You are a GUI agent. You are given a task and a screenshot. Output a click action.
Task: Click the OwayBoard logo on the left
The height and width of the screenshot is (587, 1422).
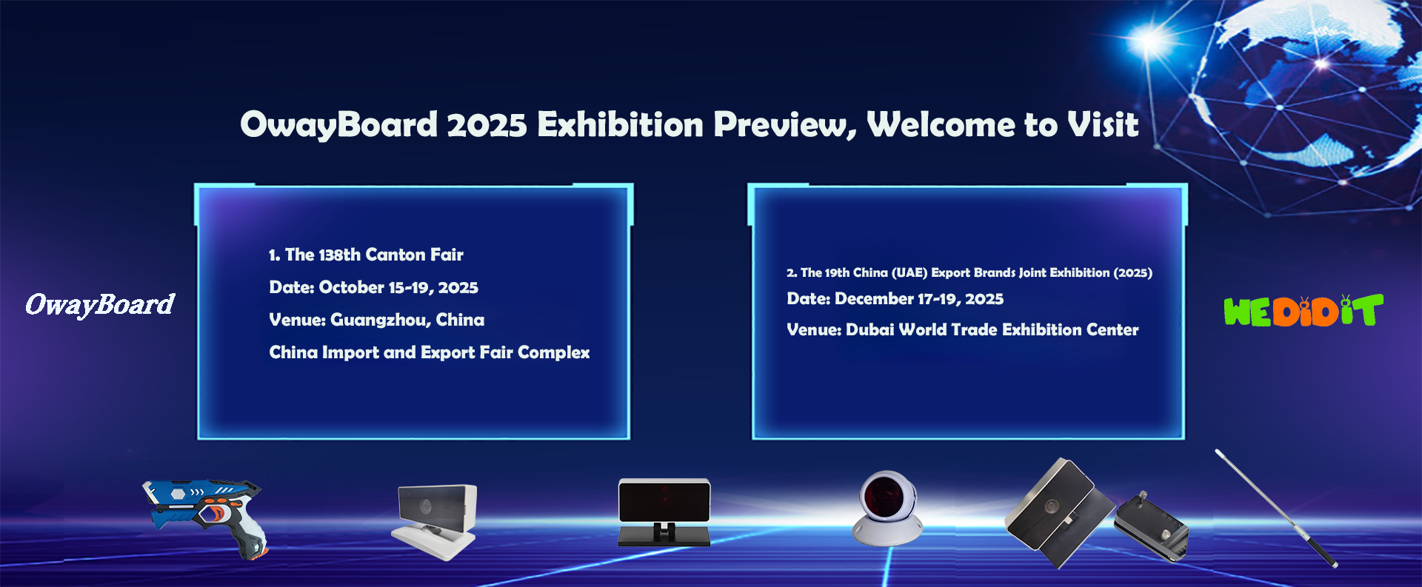[x=100, y=304]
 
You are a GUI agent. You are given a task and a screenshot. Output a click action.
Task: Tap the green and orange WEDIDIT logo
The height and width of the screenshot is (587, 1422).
[x=1303, y=311]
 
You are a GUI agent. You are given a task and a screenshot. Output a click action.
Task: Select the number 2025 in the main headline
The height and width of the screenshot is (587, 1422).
[x=487, y=124]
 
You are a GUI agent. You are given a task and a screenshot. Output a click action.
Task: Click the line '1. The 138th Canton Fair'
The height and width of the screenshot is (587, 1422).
[x=366, y=255]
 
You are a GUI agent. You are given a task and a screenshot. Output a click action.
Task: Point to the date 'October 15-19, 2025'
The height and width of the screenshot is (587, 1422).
[x=398, y=287]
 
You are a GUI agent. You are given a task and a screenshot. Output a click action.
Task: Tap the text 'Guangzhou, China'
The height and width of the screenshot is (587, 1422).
[x=407, y=320]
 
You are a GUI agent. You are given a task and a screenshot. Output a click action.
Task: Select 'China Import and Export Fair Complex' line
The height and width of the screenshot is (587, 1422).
[x=430, y=352]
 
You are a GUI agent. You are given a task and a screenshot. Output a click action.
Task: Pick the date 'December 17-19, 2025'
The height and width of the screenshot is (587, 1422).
[x=919, y=298]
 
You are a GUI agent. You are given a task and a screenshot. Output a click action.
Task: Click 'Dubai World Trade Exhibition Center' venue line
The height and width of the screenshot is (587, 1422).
[x=992, y=329]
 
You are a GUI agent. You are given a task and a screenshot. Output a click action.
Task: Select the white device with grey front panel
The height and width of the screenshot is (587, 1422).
[x=435, y=521]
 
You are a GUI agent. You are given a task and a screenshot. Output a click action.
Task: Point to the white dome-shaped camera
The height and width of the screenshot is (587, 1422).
[x=887, y=509]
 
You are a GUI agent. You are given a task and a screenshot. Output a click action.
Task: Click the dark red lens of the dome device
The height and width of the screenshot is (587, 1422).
[x=886, y=494]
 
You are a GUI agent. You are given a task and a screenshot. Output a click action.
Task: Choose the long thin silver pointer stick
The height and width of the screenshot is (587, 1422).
[x=1276, y=508]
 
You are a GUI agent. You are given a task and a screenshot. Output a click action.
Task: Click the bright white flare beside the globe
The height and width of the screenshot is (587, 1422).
[x=1150, y=41]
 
